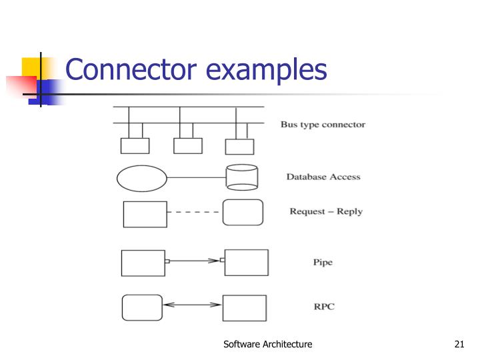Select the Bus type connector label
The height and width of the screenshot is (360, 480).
coord(323,125)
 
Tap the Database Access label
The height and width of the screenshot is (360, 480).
coord(323,177)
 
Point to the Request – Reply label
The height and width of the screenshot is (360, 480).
coord(326,211)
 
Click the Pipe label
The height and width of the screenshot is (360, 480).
coord(323,262)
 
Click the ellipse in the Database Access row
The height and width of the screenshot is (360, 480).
coord(141,178)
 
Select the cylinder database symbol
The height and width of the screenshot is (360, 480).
coord(241,177)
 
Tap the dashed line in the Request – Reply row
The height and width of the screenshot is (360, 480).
coord(194,213)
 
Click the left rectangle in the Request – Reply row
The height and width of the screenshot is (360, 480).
coord(145,214)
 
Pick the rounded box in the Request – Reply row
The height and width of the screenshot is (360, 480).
coord(242,213)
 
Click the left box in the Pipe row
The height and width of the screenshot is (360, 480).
coord(143,263)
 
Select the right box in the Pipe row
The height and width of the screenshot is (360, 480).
coord(246,263)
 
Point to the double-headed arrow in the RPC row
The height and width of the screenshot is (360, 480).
coord(192,305)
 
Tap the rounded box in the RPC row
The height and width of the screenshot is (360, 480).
coord(142,307)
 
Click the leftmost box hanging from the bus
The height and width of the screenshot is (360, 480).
coord(134,145)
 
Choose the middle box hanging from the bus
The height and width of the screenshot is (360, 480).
coord(187,145)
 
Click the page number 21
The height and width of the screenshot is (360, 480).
coord(458,344)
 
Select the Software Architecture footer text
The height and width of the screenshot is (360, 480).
coord(268,344)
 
